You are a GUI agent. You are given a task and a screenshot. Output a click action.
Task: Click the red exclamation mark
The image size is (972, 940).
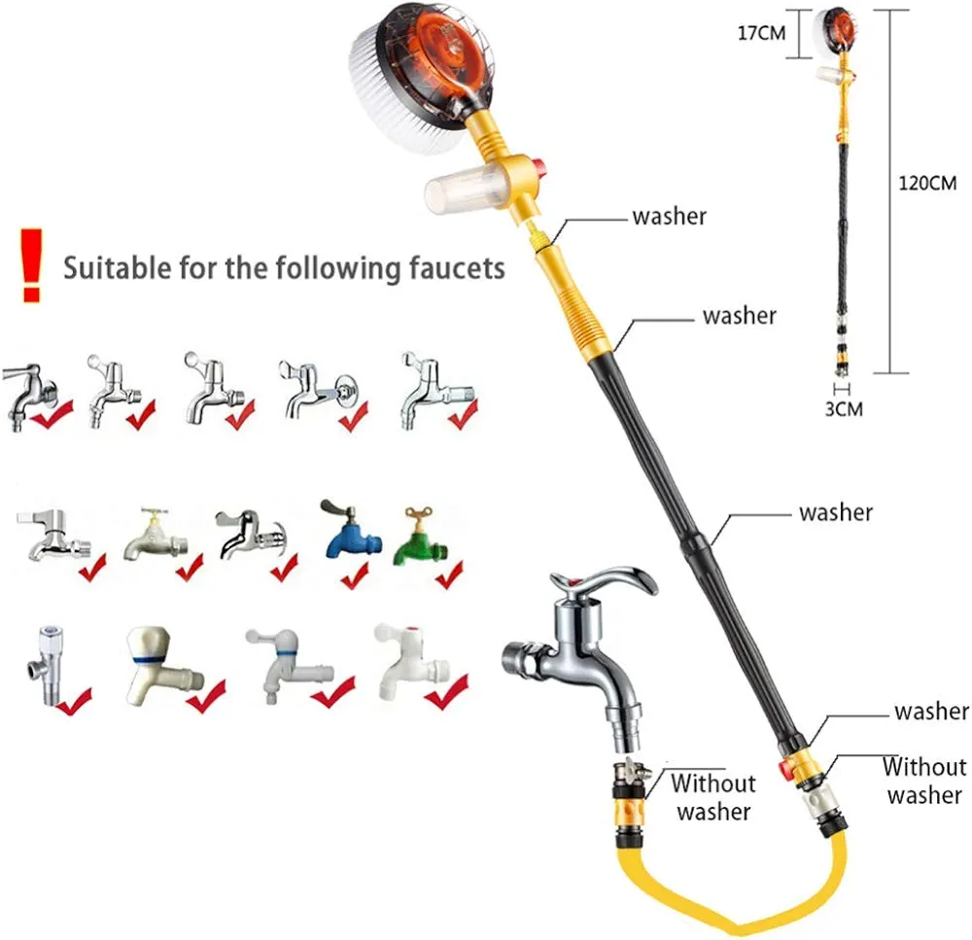32,262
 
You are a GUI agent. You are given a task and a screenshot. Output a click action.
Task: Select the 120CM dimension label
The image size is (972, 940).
927,183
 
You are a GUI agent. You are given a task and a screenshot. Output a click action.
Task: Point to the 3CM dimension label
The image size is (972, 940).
843,408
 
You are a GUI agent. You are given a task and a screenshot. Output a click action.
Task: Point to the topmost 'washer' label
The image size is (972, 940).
669,216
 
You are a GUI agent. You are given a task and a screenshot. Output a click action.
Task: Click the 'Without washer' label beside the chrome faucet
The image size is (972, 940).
712,796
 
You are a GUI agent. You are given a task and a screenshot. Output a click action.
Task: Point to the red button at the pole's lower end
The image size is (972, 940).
783,771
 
